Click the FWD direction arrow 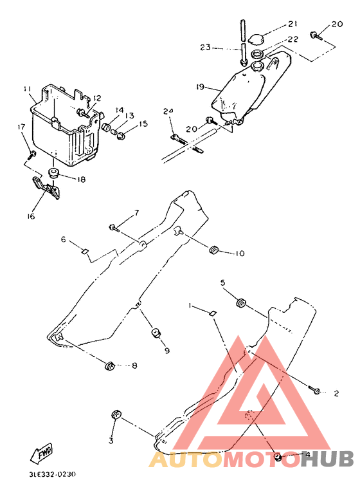[41, 453]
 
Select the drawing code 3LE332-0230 [53, 474]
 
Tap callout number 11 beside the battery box [28, 89]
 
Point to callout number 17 [21, 127]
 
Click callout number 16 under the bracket [31, 216]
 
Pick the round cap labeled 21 [256, 40]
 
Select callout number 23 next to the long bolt [205, 48]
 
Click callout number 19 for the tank [200, 86]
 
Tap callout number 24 [168, 111]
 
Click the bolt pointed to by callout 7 [114, 228]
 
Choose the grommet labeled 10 [213, 250]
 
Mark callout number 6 [64, 239]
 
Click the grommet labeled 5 [241, 302]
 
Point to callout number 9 [167, 351]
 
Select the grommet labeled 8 [109, 366]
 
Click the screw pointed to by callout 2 [314, 390]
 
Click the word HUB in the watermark [327, 458]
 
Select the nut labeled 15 [121, 136]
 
